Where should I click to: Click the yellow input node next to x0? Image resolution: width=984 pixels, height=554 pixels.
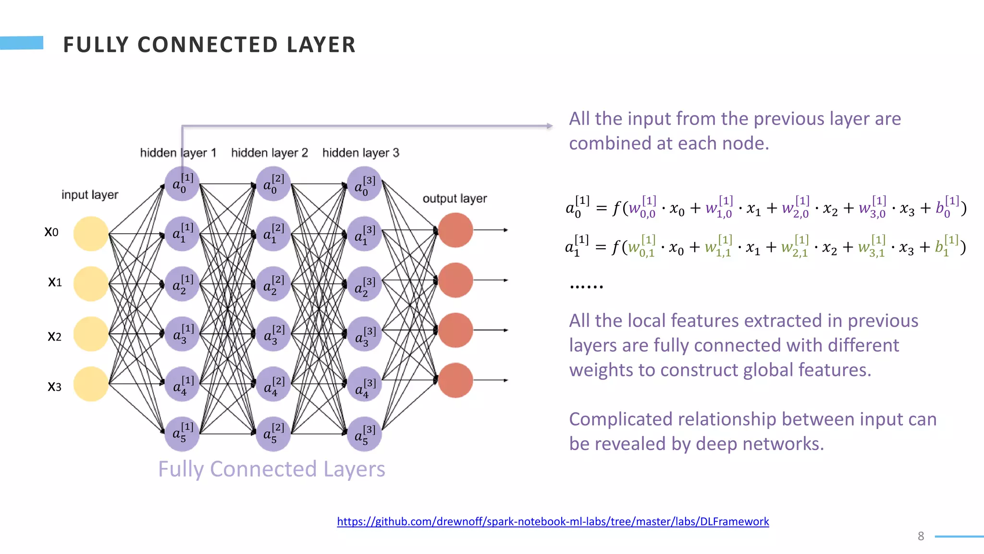(91, 234)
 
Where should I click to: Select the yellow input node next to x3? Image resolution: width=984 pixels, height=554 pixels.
(91, 384)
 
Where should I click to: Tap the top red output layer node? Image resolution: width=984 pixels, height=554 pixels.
(455, 230)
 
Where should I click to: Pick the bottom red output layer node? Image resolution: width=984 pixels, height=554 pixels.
(455, 380)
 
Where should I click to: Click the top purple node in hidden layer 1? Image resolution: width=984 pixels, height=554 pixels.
(182, 184)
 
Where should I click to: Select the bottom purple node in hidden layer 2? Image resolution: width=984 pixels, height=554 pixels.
(273, 434)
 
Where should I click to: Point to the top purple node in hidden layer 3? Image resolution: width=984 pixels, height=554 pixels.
(364, 184)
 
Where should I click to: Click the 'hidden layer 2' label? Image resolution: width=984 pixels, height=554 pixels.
(269, 153)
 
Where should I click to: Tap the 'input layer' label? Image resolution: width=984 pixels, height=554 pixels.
(89, 195)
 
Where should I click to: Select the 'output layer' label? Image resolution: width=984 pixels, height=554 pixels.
(455, 199)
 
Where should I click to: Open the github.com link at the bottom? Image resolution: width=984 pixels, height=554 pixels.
(553, 521)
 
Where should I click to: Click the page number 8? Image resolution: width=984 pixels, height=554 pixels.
(921, 536)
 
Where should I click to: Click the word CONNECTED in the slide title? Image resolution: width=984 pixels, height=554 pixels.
(208, 45)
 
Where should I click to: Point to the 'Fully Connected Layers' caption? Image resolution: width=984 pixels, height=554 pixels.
(271, 469)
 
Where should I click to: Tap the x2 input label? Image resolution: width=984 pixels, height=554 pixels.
(54, 336)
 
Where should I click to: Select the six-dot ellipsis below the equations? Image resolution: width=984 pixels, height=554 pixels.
(586, 287)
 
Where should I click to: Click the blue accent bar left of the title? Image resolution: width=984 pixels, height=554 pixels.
(22, 43)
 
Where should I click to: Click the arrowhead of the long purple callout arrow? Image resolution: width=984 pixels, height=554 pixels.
(550, 126)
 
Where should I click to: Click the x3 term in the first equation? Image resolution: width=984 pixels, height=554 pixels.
(907, 209)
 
